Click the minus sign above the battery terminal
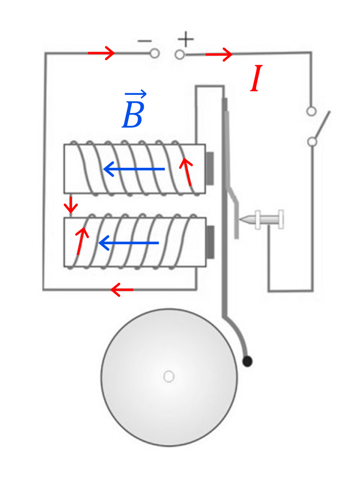pos(144,41)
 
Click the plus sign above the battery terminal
pos(186,39)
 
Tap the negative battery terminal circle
pos(155,54)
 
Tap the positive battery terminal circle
pos(180,55)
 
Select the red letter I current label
pos(256,78)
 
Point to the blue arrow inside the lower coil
pos(129,243)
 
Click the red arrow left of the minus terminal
pos(101,53)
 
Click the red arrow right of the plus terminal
pos(219,55)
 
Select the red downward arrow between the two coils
pos(71,205)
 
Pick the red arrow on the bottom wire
pos(121,290)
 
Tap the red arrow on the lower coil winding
pos(81,241)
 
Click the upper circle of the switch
pos(311,111)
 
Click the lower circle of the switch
pos(312,142)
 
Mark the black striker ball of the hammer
pos(247,362)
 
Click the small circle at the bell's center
pos(169,376)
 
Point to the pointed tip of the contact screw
pos(240,219)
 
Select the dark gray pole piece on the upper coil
pos(210,169)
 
